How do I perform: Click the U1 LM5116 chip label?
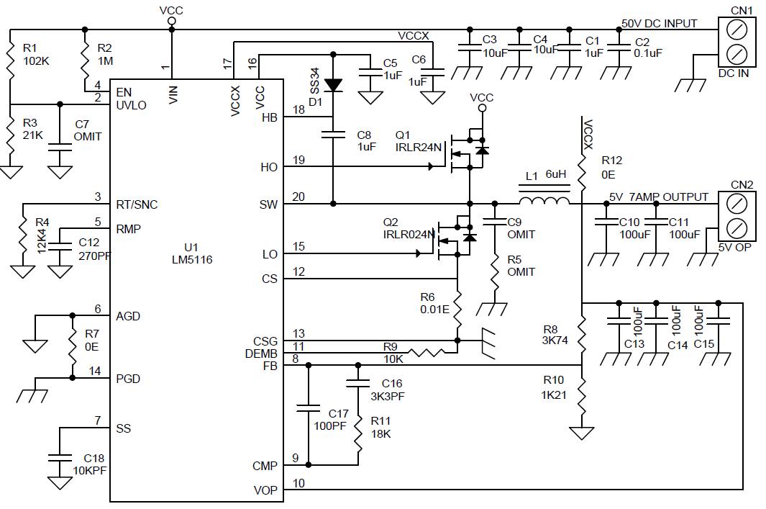point(192,253)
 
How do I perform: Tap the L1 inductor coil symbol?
point(544,200)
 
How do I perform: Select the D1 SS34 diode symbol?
point(333,86)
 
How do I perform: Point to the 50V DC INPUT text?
point(659,23)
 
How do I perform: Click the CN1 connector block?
point(737,42)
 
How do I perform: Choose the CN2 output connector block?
point(737,216)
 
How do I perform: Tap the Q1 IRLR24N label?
point(418,141)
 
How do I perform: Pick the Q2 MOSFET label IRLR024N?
point(409,228)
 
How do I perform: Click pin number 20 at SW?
point(298,197)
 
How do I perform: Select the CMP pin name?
point(265,466)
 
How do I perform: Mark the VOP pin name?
point(265,490)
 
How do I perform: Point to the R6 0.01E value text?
point(434,310)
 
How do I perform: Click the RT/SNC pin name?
point(137,204)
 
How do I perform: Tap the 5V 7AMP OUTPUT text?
point(659,197)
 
